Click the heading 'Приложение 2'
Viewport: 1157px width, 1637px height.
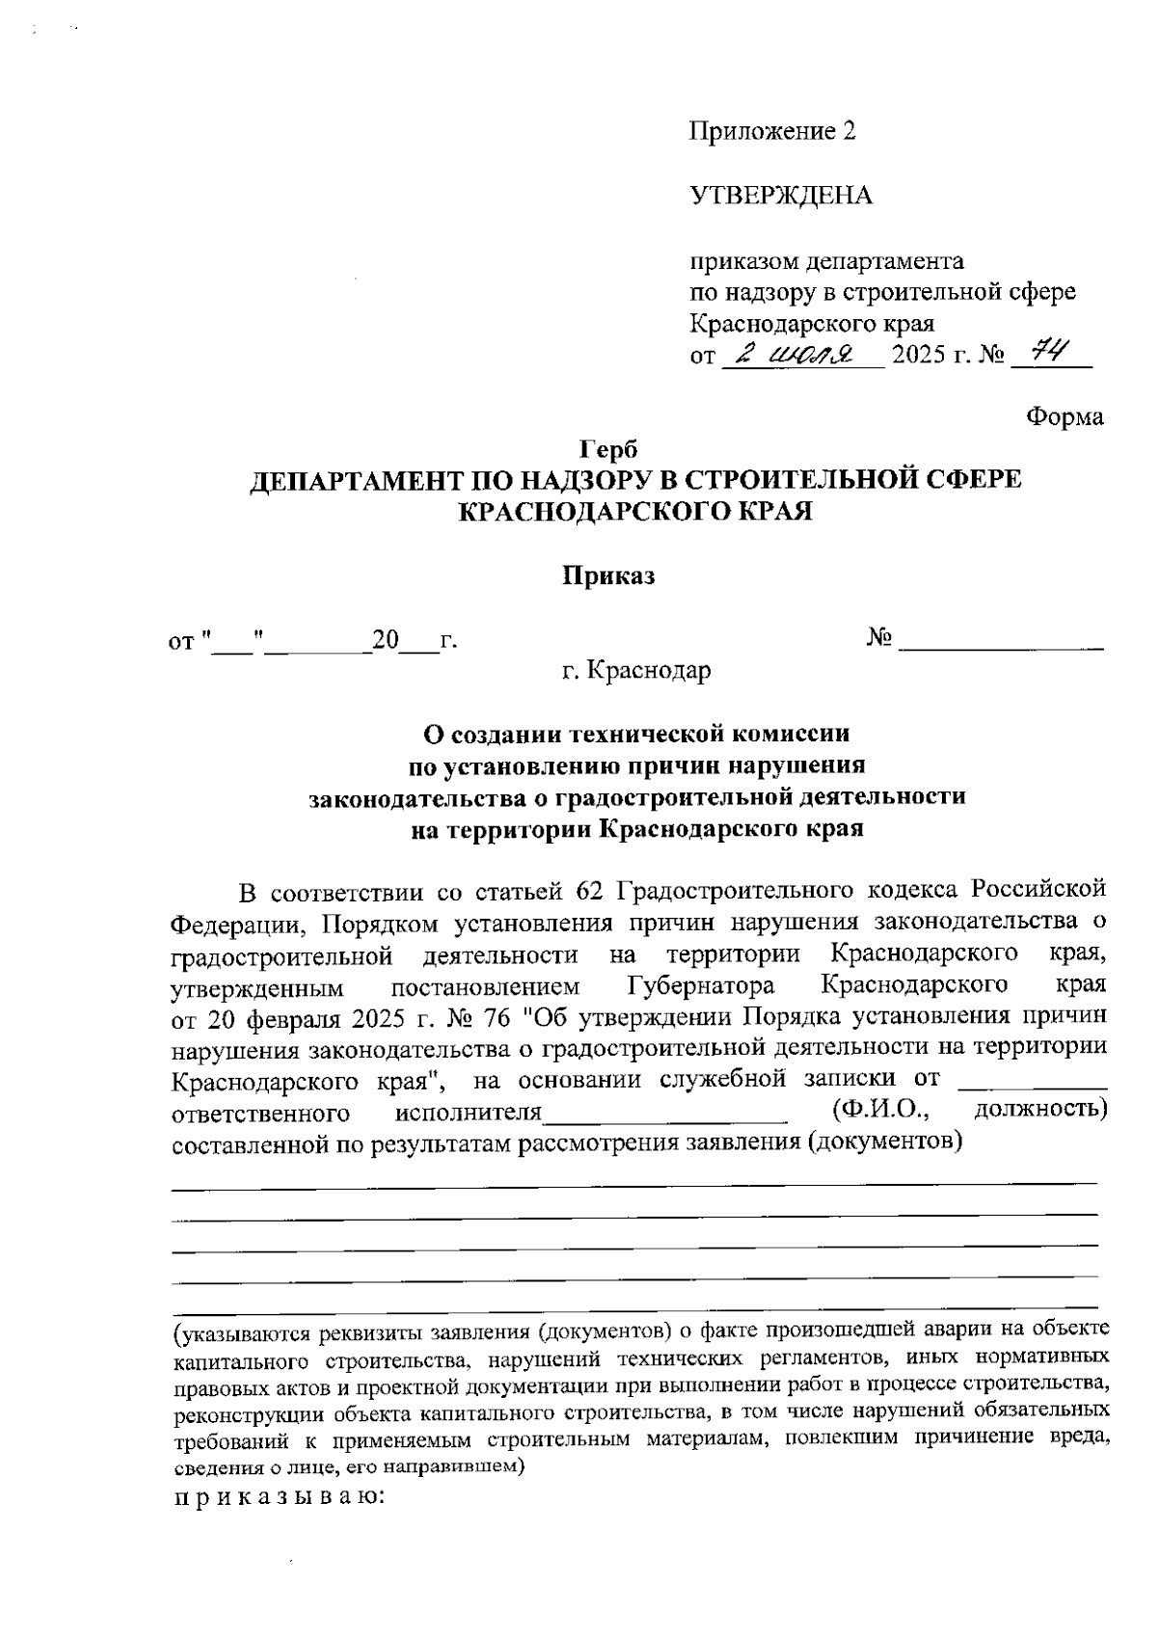(x=772, y=132)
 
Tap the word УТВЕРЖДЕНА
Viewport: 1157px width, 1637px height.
(x=781, y=197)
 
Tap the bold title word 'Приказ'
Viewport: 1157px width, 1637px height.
(x=608, y=577)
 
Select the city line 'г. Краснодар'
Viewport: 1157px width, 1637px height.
(x=636, y=669)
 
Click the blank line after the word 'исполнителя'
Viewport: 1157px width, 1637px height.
(x=665, y=1118)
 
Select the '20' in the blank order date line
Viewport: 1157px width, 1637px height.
(x=386, y=641)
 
